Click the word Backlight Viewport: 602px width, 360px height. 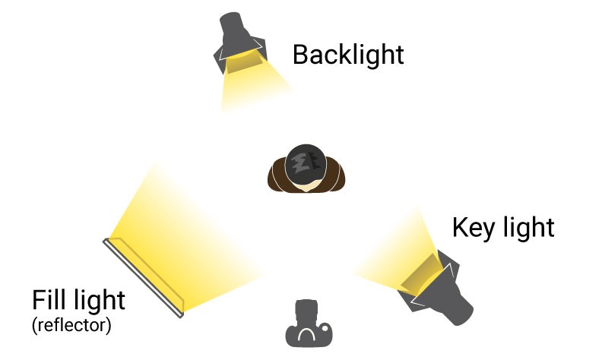(347, 55)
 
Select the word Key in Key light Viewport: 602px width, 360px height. (474, 227)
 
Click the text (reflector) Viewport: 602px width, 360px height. (71, 327)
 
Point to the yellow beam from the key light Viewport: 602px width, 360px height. (388, 258)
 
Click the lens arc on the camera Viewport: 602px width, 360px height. (306, 335)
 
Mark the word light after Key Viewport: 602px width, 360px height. (528, 227)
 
